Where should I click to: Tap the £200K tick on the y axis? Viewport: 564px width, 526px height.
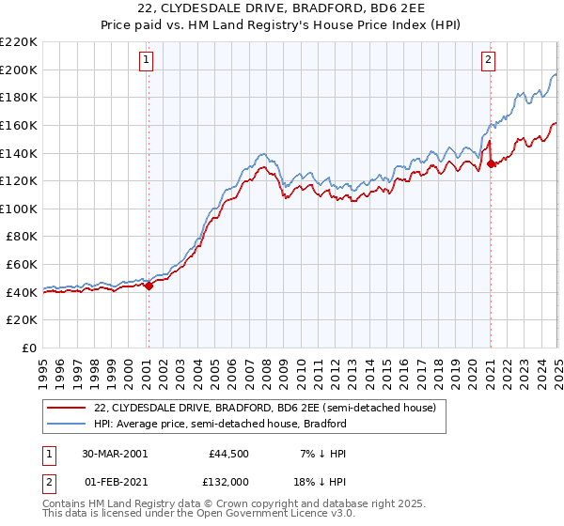[19, 70]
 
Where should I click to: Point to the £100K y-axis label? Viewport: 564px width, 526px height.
[19, 209]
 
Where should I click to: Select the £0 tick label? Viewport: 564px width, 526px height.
[28, 348]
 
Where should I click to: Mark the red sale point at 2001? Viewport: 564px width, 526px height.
[149, 286]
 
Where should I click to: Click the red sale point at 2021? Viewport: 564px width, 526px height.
[491, 163]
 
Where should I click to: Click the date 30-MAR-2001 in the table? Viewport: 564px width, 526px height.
[114, 454]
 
